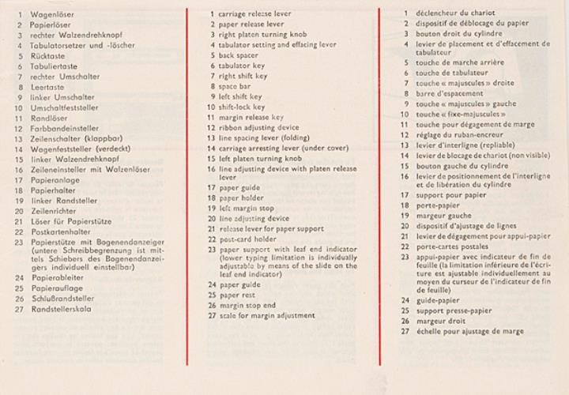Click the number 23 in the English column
coord(211,250)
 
